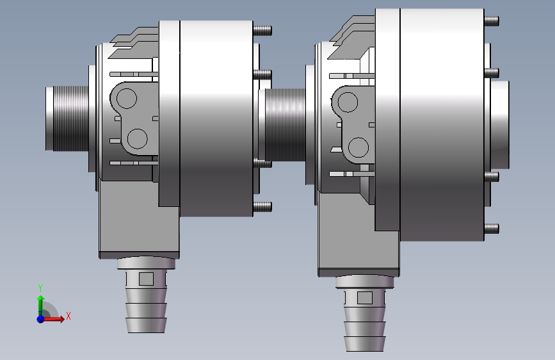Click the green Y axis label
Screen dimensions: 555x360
[40, 288]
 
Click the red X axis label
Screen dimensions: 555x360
[68, 316]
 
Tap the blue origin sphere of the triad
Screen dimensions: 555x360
[41, 319]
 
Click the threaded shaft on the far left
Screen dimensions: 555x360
[67, 119]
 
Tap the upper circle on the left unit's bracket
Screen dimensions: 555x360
[126, 99]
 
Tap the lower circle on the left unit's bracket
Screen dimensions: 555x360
[137, 138]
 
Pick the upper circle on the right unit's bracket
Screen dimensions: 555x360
[348, 102]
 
